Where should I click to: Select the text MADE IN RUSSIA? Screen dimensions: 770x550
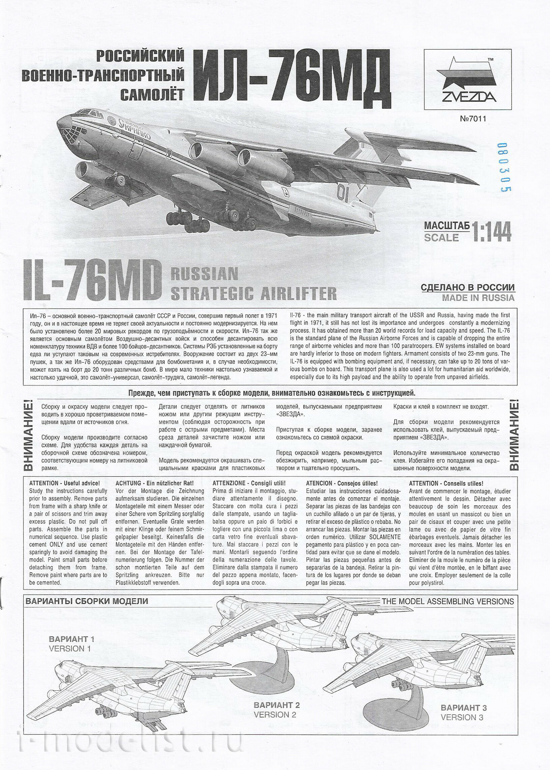pos(478,298)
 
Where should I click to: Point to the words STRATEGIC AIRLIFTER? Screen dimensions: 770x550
pos(253,293)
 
